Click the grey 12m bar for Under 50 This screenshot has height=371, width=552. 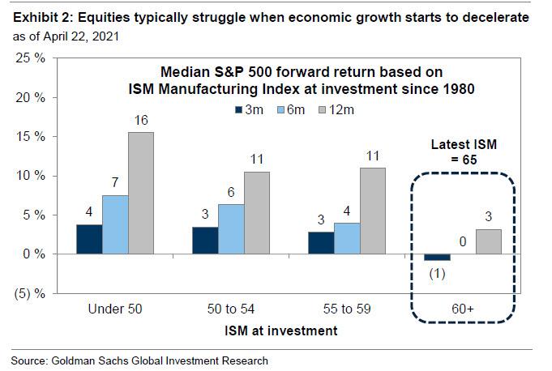140,193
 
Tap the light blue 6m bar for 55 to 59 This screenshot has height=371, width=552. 348,238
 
